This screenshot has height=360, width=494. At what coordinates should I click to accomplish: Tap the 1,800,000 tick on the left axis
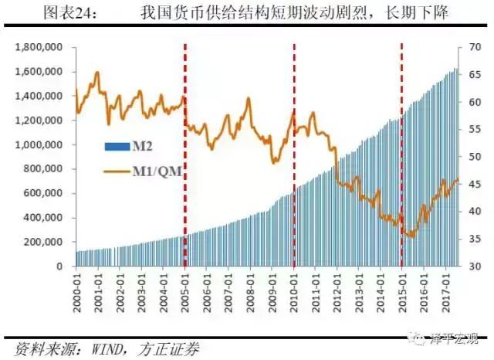[x=39, y=48]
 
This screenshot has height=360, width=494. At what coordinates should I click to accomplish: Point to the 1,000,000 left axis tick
[x=39, y=145]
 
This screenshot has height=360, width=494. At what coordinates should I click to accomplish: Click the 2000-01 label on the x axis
[x=77, y=289]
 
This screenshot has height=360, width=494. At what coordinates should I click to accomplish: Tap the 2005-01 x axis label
[x=185, y=289]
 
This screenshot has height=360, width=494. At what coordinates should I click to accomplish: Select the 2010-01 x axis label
[x=294, y=289]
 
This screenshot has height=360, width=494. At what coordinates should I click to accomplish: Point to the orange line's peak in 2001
[x=97, y=73]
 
